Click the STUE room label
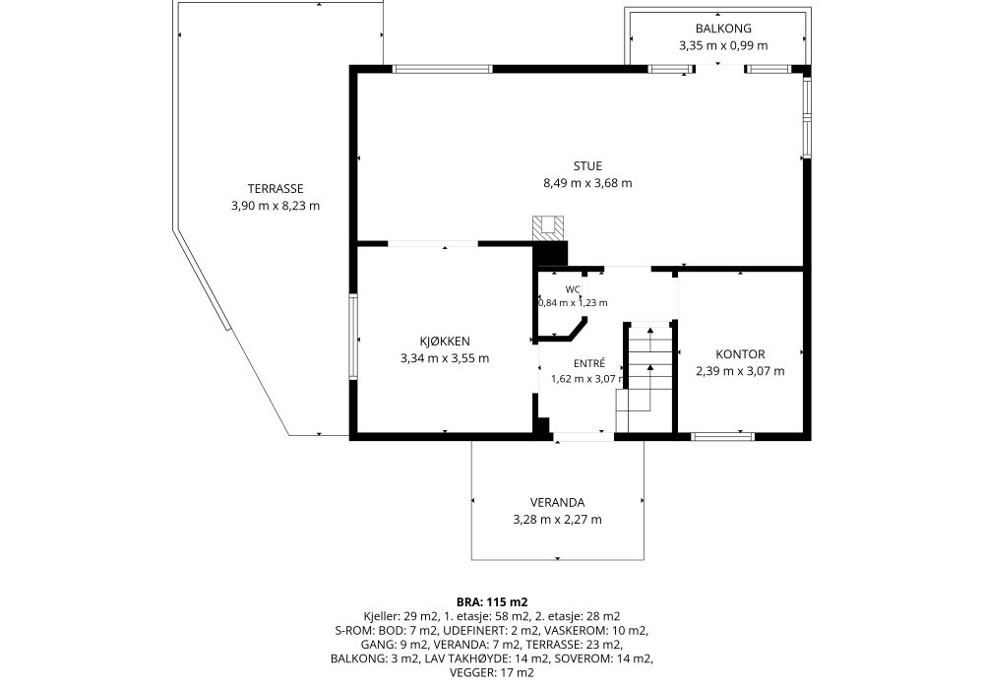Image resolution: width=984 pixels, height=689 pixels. point(587,166)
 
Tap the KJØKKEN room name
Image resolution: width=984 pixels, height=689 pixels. point(445,342)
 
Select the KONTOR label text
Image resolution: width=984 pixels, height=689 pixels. point(740,354)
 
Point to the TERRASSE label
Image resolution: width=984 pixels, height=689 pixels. point(276,188)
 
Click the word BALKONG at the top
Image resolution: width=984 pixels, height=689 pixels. point(723,29)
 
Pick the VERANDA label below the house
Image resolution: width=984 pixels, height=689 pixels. point(557,503)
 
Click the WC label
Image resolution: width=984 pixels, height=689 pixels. point(573,289)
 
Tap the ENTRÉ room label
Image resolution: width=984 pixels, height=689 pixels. point(589,363)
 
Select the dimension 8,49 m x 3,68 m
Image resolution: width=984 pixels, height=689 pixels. point(587,183)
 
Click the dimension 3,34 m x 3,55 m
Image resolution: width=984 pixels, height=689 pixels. point(445,358)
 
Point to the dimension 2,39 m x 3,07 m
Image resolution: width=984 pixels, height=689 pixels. point(740,371)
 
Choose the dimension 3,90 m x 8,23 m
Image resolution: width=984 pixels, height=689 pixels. point(276,205)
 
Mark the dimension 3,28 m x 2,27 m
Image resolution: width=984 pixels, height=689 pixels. point(557,520)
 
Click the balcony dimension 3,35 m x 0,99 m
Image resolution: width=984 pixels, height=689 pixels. point(723,45)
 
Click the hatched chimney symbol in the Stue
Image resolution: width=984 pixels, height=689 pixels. point(548,228)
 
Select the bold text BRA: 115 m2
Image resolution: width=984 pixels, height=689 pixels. point(492,602)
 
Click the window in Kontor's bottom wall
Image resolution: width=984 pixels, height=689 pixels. point(722,436)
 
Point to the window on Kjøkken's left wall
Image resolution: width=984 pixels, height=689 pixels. point(353,337)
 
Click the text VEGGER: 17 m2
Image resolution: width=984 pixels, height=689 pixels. point(492,672)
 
